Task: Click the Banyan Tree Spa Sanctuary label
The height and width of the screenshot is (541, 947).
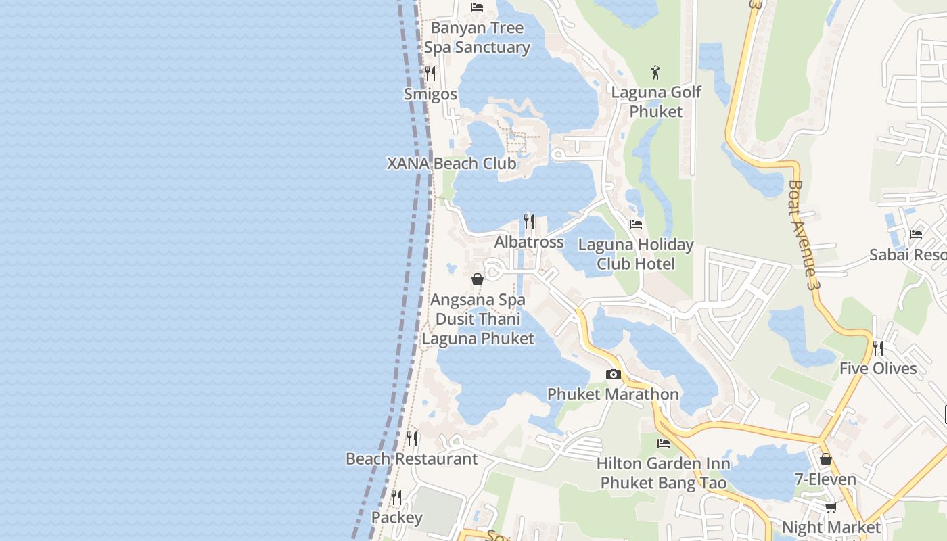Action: (x=477, y=38)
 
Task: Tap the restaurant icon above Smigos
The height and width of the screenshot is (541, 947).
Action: (x=430, y=73)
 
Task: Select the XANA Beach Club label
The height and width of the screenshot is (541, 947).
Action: (x=451, y=164)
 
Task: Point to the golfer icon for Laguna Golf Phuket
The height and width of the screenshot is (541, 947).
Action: (x=655, y=72)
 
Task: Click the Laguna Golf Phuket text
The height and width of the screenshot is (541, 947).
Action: (x=656, y=101)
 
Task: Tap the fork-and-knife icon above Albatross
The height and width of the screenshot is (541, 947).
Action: (x=529, y=221)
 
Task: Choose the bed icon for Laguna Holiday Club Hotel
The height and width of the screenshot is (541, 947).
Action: (x=636, y=224)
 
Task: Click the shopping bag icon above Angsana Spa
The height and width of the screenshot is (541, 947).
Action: (x=478, y=279)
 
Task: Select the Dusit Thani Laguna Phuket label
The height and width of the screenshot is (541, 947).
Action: (x=478, y=329)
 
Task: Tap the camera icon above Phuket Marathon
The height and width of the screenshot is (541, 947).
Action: (x=614, y=374)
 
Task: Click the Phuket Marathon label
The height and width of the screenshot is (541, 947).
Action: (x=613, y=394)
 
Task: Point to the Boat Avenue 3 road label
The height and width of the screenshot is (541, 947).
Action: (x=803, y=235)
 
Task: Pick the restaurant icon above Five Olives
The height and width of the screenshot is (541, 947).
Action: (x=878, y=348)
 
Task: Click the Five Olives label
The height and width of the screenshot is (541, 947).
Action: (x=878, y=369)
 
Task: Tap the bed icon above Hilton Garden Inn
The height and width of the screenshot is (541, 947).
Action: (x=664, y=444)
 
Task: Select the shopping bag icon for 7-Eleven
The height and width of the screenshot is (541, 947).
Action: (x=825, y=459)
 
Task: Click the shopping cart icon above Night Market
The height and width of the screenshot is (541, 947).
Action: (x=831, y=507)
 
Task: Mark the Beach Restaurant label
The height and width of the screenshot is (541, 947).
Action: (x=411, y=458)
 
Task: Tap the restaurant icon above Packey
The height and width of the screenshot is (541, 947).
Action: (x=396, y=498)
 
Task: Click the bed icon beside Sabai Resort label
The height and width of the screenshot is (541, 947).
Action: (x=916, y=234)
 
